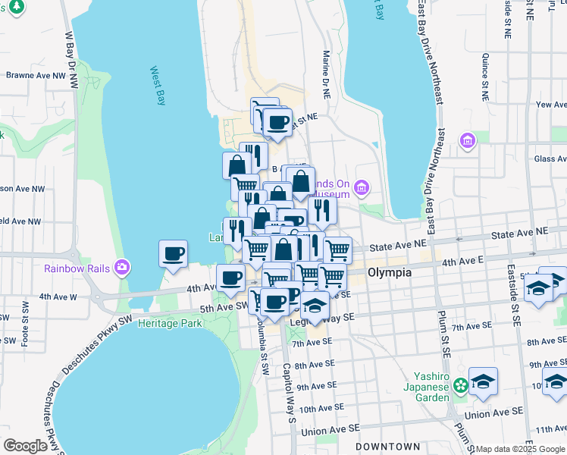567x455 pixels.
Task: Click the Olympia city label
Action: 390,272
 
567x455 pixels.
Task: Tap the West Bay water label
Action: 158,86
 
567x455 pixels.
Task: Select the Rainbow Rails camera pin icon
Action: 122,268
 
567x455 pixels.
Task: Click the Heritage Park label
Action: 171,323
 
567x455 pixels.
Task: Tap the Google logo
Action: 24,446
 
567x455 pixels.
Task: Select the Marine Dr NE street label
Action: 327,73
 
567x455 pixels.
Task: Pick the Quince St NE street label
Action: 484,77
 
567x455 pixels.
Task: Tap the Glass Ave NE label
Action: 549,159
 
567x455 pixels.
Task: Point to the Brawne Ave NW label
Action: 31,75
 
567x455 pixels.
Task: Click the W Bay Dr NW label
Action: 71,57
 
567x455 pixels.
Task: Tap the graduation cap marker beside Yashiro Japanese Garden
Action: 482,381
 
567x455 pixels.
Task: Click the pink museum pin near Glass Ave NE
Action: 467,140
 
